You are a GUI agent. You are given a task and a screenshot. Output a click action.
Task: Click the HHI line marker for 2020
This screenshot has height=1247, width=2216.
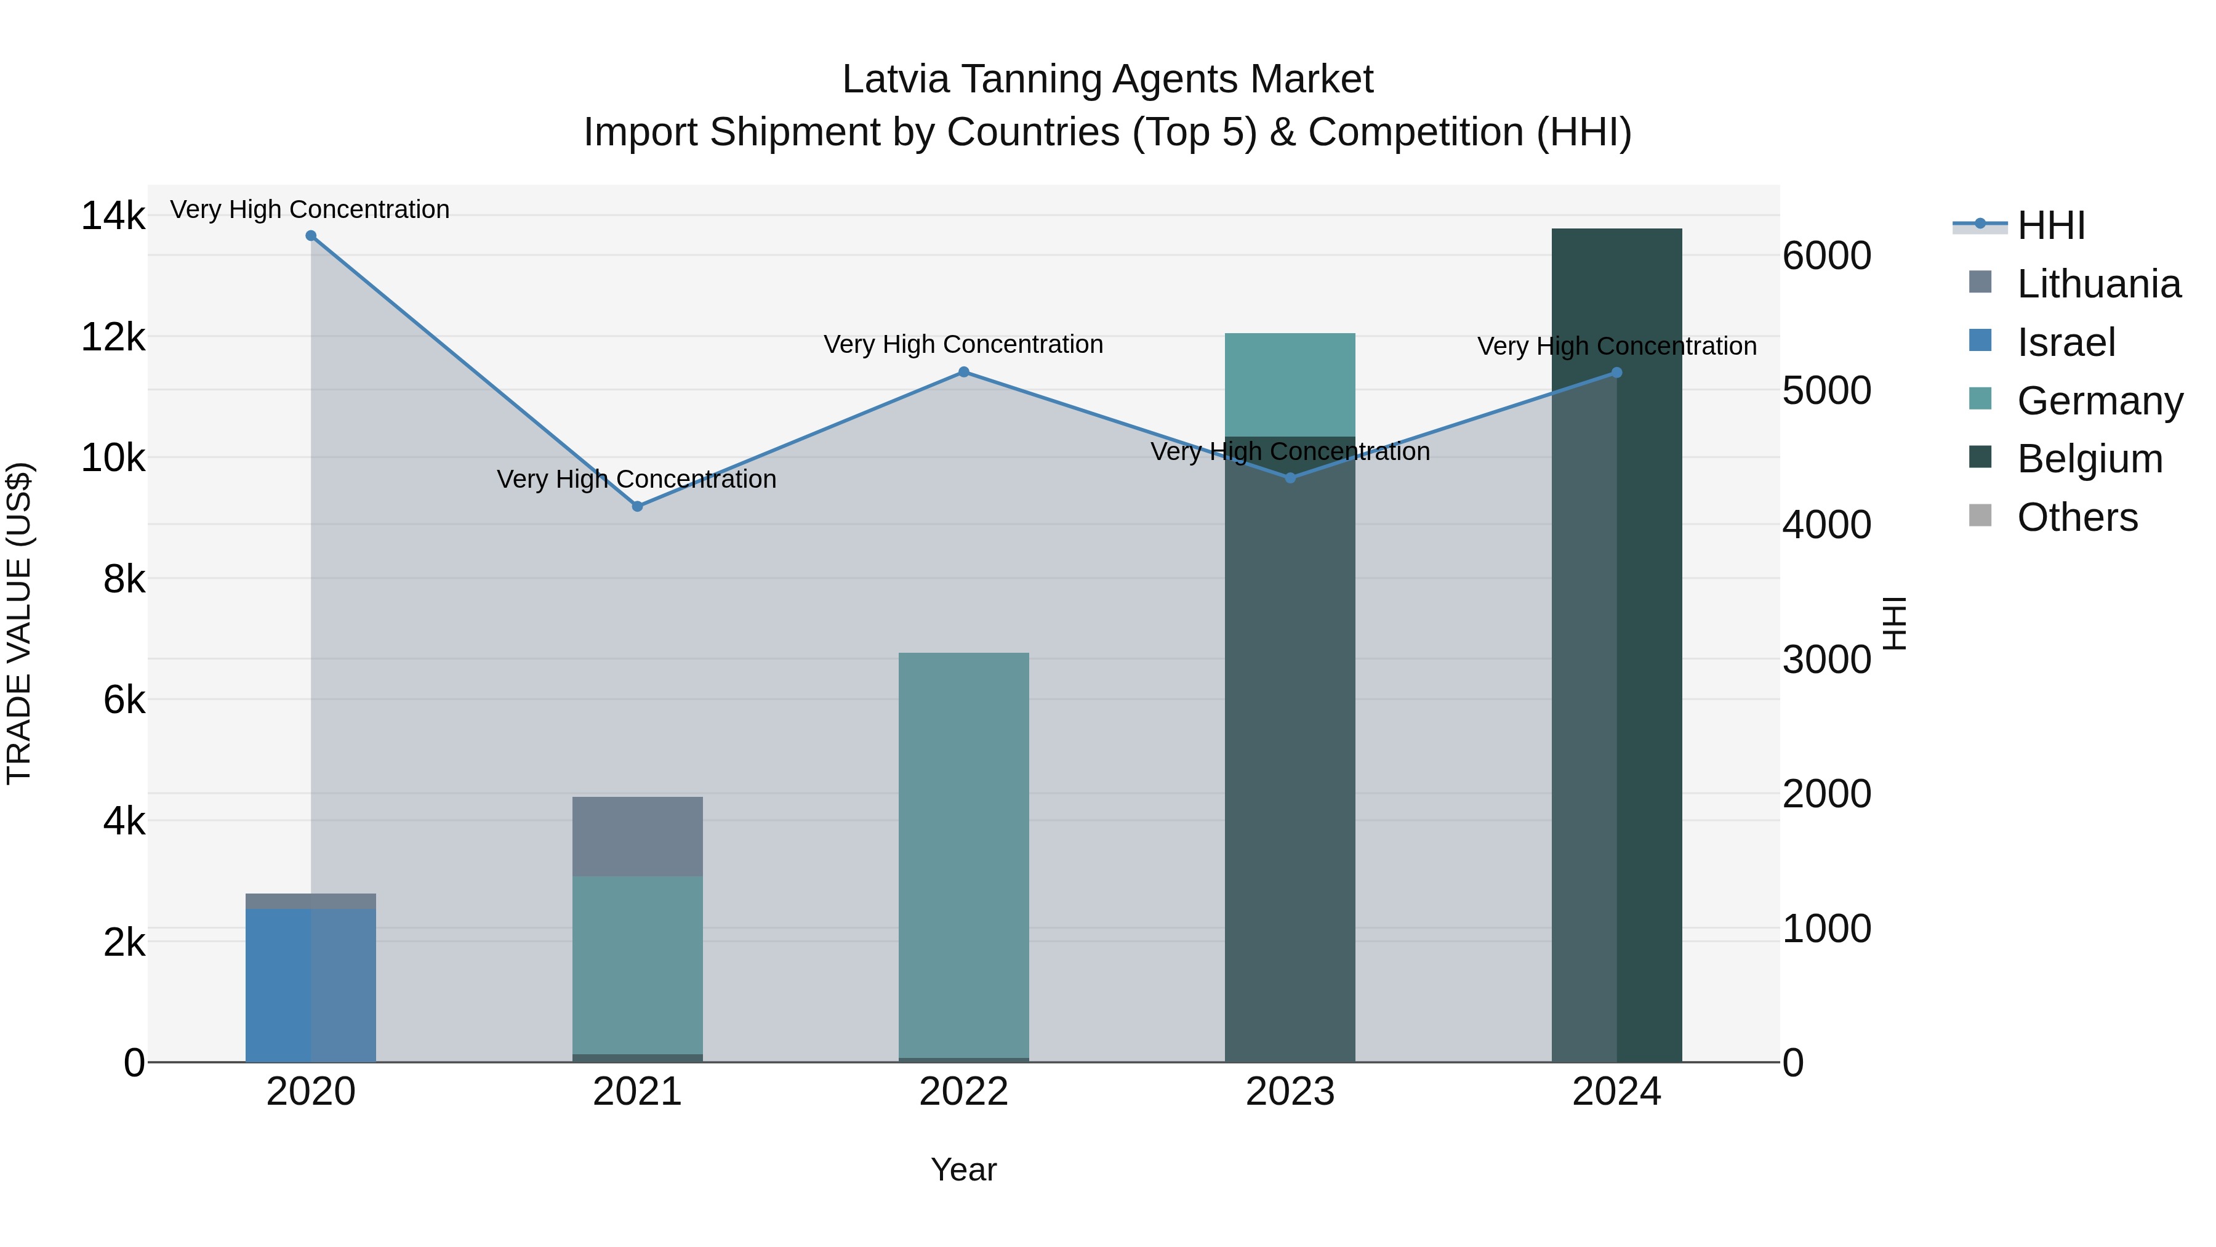pos(311,236)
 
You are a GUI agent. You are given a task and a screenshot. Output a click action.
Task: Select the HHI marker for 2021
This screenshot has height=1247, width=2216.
pos(638,506)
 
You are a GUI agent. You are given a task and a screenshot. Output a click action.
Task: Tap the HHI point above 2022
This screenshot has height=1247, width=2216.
pos(963,372)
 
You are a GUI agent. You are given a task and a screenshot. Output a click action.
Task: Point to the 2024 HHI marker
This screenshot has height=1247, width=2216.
pos(1616,373)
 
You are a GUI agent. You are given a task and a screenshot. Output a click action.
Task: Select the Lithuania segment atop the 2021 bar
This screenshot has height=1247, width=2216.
pos(638,836)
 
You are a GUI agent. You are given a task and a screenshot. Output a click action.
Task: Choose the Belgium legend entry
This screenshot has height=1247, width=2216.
pos(2089,459)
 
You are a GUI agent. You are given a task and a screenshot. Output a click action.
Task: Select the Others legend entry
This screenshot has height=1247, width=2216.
pos(2077,517)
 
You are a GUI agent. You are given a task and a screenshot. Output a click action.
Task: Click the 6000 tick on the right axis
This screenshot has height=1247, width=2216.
pos(1826,256)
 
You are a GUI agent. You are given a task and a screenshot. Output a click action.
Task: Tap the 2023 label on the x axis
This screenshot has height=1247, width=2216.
pos(1290,1092)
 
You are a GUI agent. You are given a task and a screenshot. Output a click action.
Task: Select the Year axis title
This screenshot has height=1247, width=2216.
pos(963,1169)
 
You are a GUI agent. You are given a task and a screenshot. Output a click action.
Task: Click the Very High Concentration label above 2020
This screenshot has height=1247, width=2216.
pos(310,209)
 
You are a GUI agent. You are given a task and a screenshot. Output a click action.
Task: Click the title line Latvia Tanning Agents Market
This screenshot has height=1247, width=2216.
pos(1107,79)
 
